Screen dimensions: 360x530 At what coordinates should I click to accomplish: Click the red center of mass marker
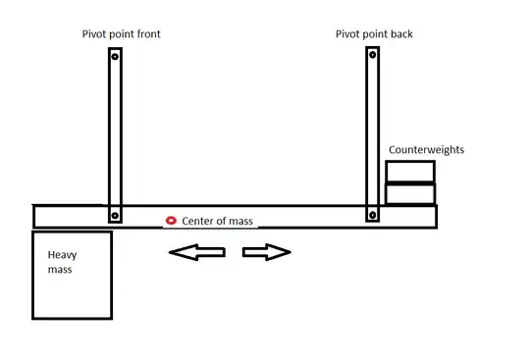171,220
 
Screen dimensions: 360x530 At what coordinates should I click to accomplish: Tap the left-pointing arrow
196,253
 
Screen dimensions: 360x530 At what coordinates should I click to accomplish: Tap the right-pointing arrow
266,253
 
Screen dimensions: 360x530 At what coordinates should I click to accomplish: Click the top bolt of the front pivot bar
115,58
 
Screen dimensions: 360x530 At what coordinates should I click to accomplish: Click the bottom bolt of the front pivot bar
115,215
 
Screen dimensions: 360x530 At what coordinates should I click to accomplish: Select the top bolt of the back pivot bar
371,56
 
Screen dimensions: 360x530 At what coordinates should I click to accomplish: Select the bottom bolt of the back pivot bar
371,215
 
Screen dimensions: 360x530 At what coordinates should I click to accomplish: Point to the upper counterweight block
409,171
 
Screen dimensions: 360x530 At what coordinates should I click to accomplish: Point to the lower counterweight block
409,193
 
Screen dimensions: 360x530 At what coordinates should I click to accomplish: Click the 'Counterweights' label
426,150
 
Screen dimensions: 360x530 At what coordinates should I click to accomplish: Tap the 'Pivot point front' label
121,34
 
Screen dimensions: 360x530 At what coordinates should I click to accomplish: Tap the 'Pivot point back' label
373,34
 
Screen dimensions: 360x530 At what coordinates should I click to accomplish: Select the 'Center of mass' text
218,221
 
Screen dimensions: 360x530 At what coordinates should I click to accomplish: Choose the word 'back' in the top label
399,34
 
